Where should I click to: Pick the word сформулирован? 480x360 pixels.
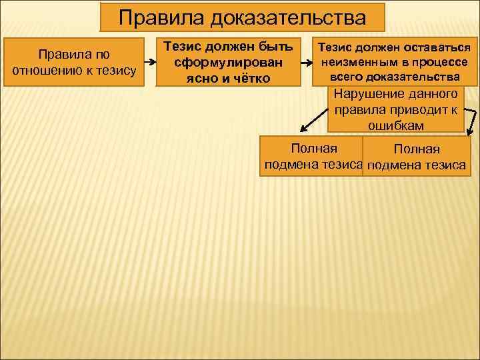pyautogui.click(x=228, y=63)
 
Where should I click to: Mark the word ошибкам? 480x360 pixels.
pyautogui.click(x=396, y=125)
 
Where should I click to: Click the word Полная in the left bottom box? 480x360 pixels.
pyautogui.click(x=310, y=149)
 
